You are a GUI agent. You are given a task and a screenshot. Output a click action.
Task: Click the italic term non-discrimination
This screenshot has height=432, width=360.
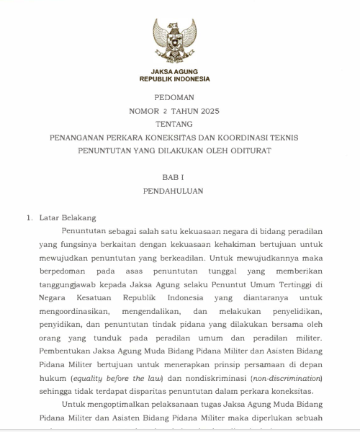pos(285,378)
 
